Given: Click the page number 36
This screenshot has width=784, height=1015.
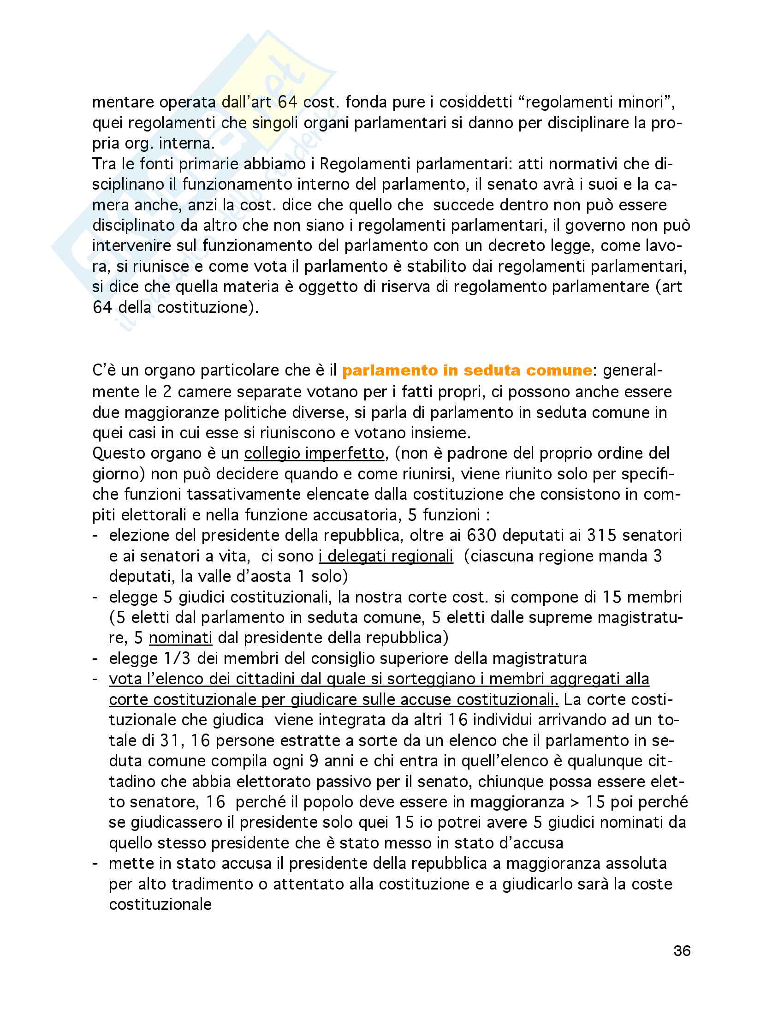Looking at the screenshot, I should point(682,951).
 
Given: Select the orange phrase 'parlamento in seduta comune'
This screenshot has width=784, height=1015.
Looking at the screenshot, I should point(467,370).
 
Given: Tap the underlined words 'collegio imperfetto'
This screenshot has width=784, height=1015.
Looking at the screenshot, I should point(315,453).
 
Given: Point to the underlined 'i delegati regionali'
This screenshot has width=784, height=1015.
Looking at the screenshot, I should point(386,556).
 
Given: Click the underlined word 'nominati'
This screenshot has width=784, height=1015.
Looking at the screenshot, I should point(180,638).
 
